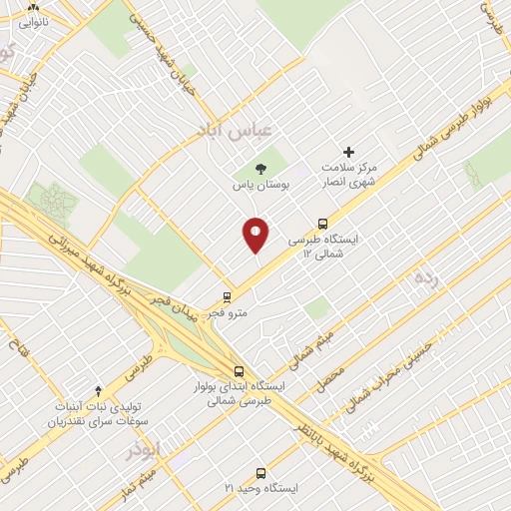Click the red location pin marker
[x=256, y=236]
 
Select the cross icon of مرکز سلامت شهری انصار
[x=348, y=152]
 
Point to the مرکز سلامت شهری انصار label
[x=348, y=176]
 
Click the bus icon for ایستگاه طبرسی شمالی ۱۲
[x=322, y=225]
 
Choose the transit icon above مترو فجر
[x=227, y=296]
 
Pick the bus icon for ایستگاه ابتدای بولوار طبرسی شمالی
[x=238, y=369]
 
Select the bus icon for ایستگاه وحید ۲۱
[x=261, y=473]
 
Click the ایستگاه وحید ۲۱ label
[x=262, y=489]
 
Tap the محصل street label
[x=332, y=374]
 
